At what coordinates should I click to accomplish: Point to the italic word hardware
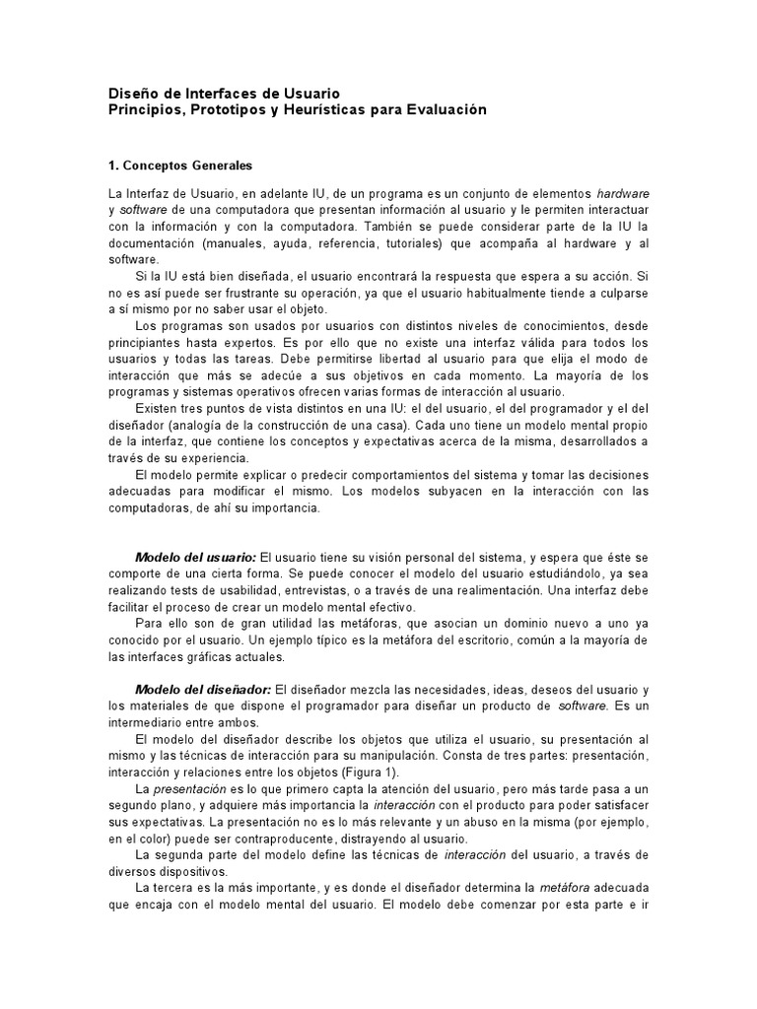coord(623,192)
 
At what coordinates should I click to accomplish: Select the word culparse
coord(620,295)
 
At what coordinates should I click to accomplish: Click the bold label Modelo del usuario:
coord(195,557)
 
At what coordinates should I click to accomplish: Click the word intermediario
coord(147,723)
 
